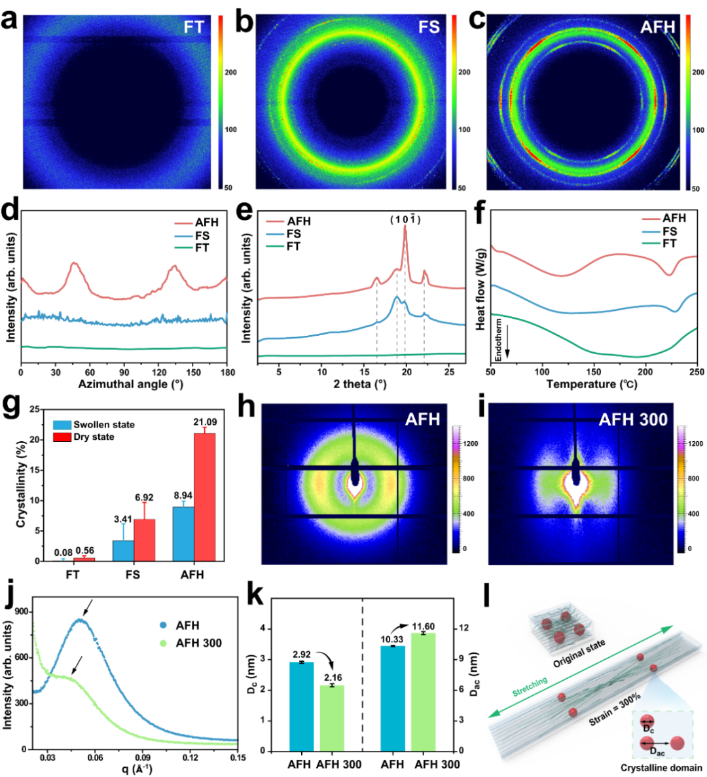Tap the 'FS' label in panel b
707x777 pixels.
point(429,27)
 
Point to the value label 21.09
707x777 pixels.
point(204,422)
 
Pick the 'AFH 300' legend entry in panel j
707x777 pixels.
point(198,643)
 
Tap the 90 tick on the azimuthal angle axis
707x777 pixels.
point(124,373)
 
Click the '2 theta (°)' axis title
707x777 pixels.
point(359,384)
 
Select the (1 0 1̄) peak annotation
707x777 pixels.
point(405,219)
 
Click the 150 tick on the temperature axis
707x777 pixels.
point(594,372)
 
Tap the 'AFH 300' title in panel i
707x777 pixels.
point(633,419)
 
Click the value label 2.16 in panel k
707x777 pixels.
point(333,678)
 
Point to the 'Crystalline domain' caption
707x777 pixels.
point(661,768)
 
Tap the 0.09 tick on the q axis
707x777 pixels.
point(143,757)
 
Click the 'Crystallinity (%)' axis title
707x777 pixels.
point(21,485)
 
